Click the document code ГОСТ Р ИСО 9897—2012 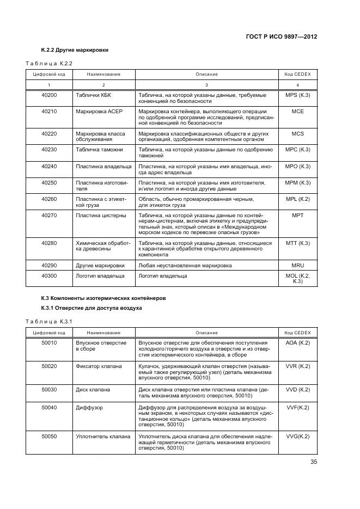[282, 36]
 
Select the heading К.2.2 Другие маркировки [75, 50]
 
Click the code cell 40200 [49, 95]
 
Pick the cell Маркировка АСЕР [100, 112]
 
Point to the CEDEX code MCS [297, 133]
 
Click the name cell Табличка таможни [100, 150]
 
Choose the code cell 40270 [49, 216]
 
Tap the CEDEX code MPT [297, 216]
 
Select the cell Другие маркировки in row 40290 [100, 266]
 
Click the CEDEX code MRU [297, 266]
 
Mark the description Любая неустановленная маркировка [185, 266]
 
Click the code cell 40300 [49, 276]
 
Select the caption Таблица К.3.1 [49, 321]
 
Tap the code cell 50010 [49, 342]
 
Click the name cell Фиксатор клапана [99, 366]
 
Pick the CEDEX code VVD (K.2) [297, 390]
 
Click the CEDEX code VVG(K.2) [297, 437]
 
